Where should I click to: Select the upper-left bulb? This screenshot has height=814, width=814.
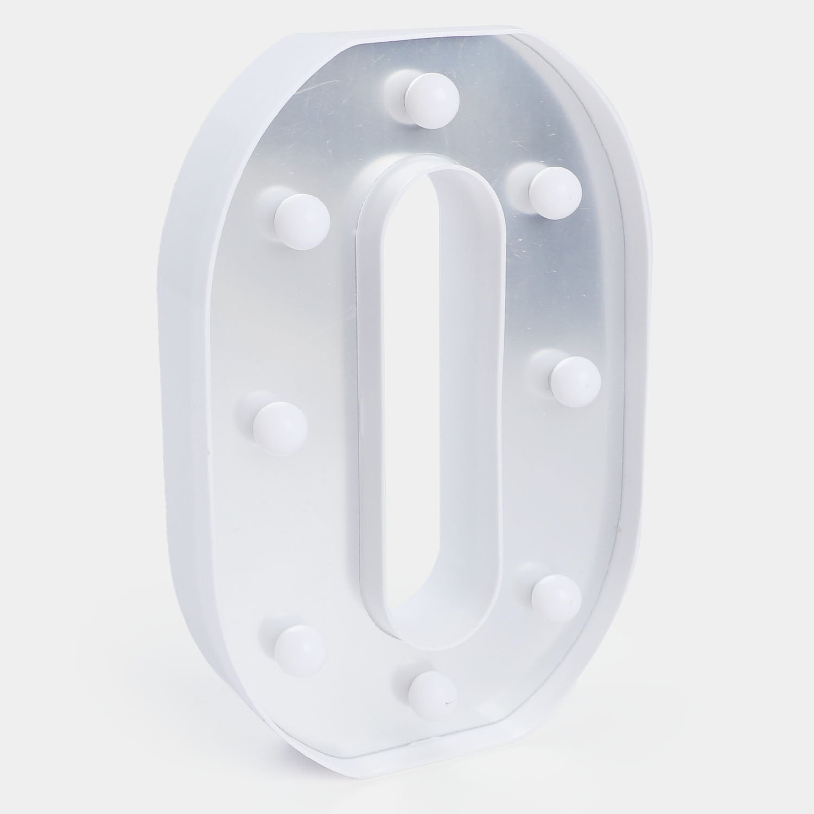click(302, 219)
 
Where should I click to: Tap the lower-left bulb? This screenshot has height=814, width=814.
click(300, 649)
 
